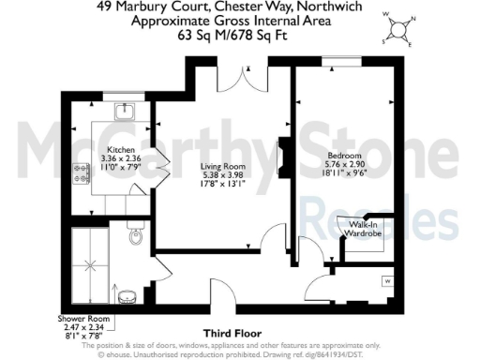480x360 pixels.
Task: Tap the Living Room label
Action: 222,167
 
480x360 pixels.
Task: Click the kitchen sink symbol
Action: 123,112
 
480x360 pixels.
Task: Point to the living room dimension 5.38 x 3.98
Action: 222,176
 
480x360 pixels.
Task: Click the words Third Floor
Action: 232,332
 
